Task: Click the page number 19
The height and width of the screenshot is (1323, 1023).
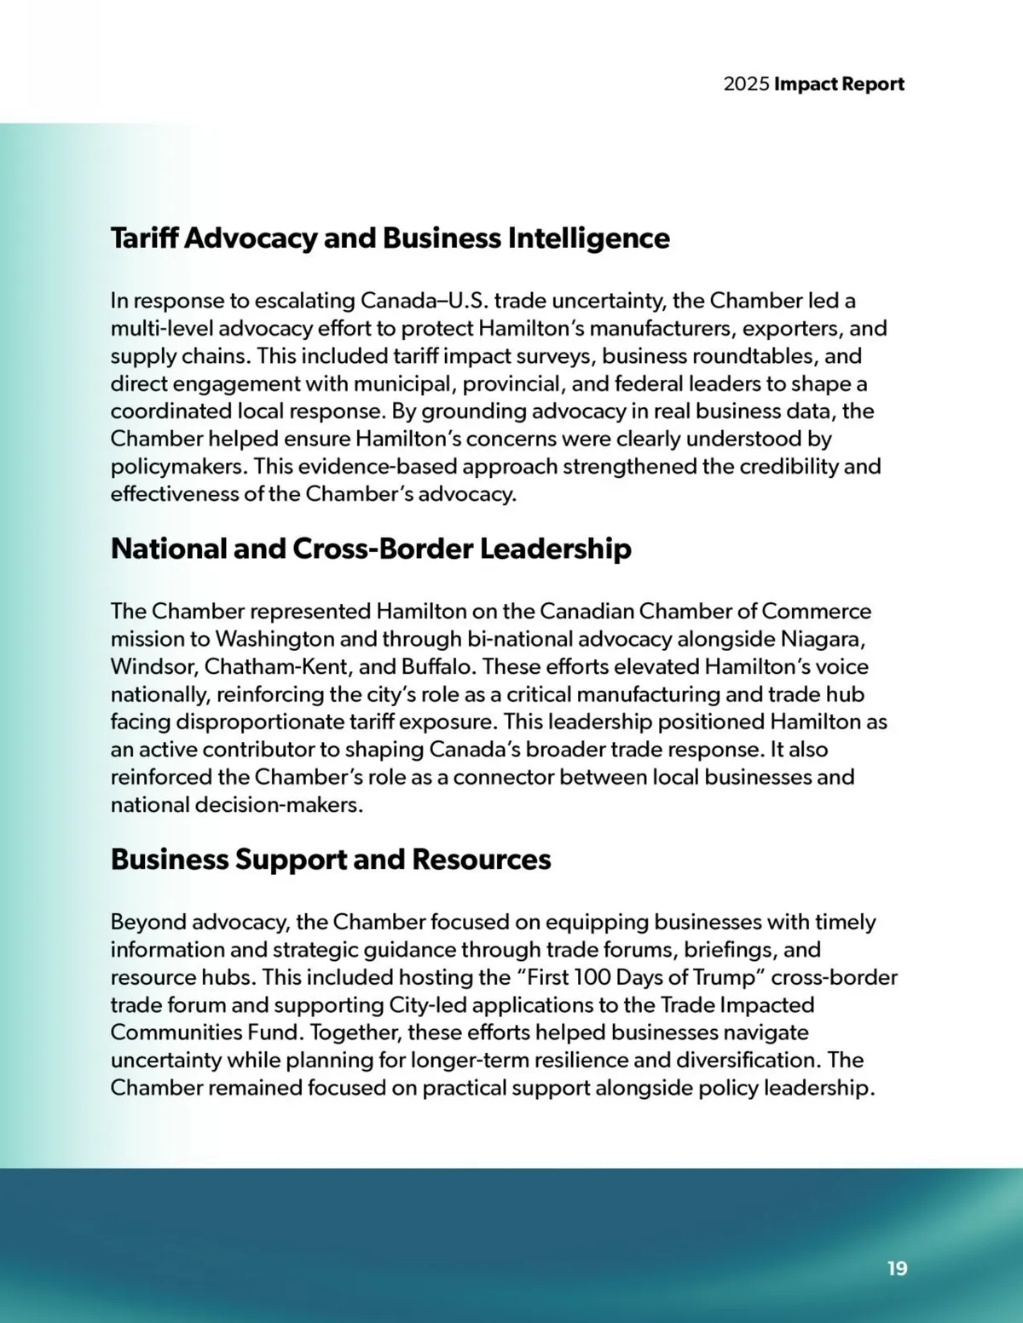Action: pyautogui.click(x=897, y=1268)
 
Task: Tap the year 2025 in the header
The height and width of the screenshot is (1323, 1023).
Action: pyautogui.click(x=746, y=84)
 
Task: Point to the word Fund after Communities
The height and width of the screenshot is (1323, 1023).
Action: pyautogui.click(x=275, y=1033)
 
